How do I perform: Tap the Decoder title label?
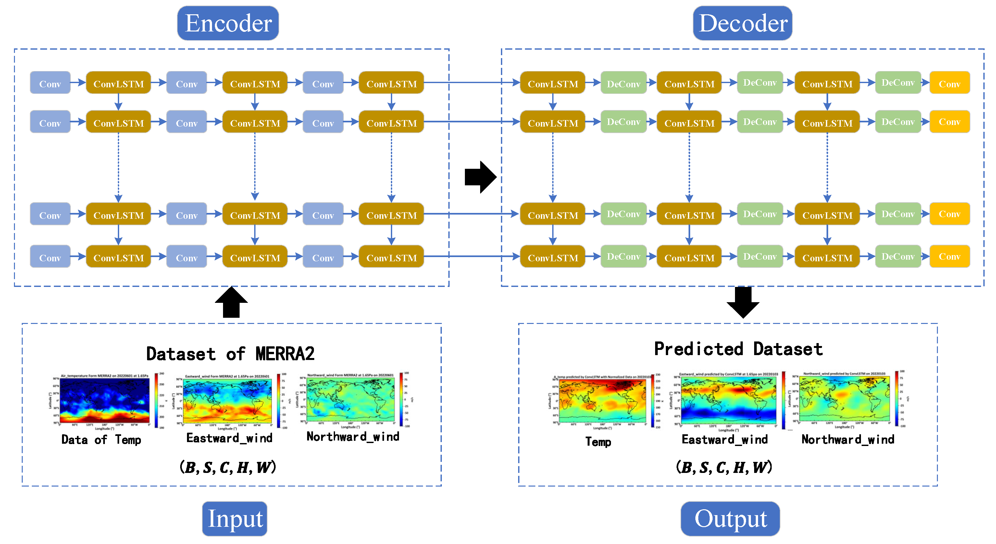(x=742, y=23)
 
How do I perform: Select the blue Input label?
(x=235, y=518)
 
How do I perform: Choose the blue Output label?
(x=730, y=518)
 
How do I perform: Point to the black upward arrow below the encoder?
(x=231, y=303)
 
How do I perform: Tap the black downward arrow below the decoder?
(x=743, y=302)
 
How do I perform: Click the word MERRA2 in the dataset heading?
(x=285, y=354)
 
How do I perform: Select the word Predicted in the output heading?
(x=698, y=349)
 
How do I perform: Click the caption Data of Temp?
(x=101, y=439)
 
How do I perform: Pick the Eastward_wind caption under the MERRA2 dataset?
(x=229, y=438)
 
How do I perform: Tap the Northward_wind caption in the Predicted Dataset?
(x=848, y=439)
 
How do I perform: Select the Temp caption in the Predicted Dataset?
(x=598, y=441)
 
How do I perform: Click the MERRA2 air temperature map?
(x=105, y=401)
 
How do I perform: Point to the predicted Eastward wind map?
(x=728, y=401)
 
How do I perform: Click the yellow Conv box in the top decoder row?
(x=949, y=83)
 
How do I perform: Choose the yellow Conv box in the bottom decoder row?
(x=949, y=256)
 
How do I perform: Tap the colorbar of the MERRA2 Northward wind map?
(x=402, y=399)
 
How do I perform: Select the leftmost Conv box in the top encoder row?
(x=50, y=83)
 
